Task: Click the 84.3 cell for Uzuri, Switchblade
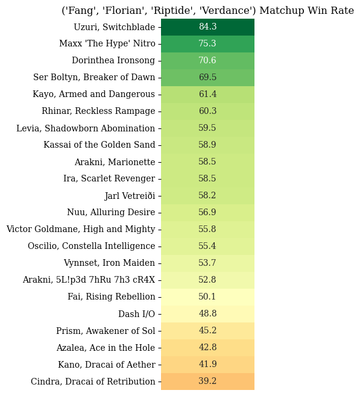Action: (207, 27)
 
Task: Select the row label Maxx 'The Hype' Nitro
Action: (107, 43)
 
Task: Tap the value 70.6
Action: (207, 61)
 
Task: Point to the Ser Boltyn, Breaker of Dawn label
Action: (94, 77)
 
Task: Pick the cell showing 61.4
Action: (207, 94)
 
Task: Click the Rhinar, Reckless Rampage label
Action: (98, 111)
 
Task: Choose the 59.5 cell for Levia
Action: (207, 128)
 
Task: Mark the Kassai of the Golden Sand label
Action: (99, 145)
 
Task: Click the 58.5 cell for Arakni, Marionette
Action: (207, 162)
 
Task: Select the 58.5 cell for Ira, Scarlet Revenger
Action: (207, 178)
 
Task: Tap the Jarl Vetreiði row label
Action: (130, 196)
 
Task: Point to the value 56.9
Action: (207, 212)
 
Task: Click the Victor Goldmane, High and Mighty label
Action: (81, 229)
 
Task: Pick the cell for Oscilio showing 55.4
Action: (207, 246)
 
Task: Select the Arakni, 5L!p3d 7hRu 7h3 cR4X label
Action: (89, 280)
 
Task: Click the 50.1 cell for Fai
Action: (207, 297)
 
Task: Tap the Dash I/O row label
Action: (136, 313)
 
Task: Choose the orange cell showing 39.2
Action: (207, 381)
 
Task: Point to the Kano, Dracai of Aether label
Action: (107, 365)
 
